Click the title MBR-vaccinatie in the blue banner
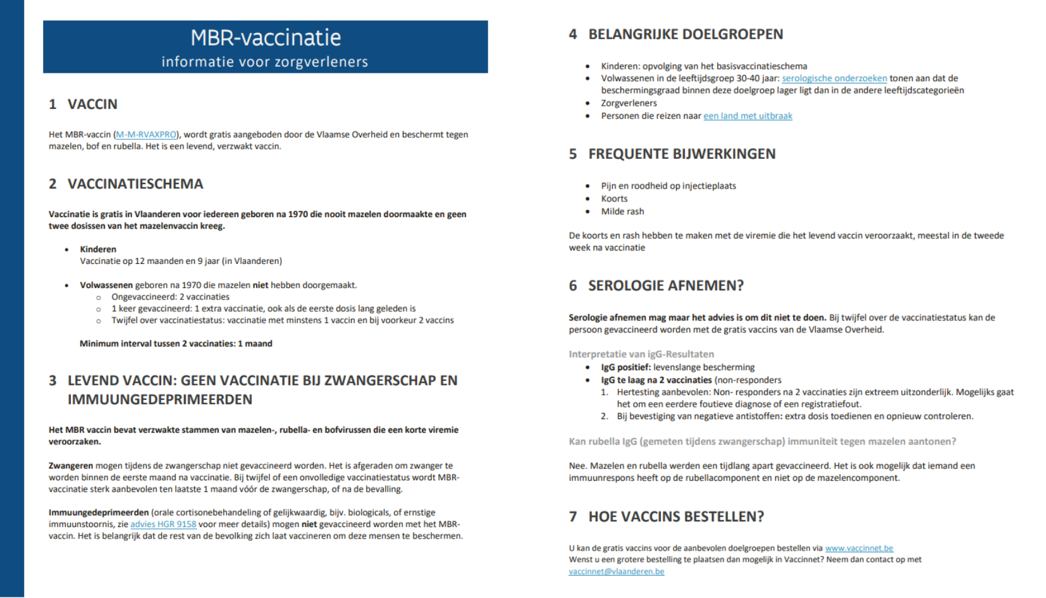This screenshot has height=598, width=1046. tap(266, 38)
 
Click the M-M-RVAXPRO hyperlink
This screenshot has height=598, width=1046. tap(147, 135)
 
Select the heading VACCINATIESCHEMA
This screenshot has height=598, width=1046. tap(135, 184)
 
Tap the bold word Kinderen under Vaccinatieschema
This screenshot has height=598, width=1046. tap(98, 249)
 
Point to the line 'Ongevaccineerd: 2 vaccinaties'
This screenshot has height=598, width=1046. tap(170, 297)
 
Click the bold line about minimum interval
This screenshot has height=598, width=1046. tap(176, 344)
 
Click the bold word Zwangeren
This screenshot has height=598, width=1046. tap(71, 466)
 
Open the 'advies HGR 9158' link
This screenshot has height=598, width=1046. tap(163, 525)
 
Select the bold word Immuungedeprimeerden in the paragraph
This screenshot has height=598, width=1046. tap(99, 513)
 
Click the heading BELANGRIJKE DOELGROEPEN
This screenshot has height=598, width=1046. tap(686, 34)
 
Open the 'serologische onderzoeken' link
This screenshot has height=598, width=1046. tap(834, 78)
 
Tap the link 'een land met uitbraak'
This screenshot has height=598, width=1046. tap(748, 116)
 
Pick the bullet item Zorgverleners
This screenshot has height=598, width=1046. tap(629, 103)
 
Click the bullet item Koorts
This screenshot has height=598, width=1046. tap(614, 199)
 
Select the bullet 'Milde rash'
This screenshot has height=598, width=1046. tap(622, 211)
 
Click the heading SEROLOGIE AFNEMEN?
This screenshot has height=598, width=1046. tap(666, 286)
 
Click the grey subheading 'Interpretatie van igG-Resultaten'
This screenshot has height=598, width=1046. tap(641, 354)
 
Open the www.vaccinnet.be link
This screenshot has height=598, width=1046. tap(859, 549)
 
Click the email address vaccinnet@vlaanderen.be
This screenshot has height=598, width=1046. tap(616, 572)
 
